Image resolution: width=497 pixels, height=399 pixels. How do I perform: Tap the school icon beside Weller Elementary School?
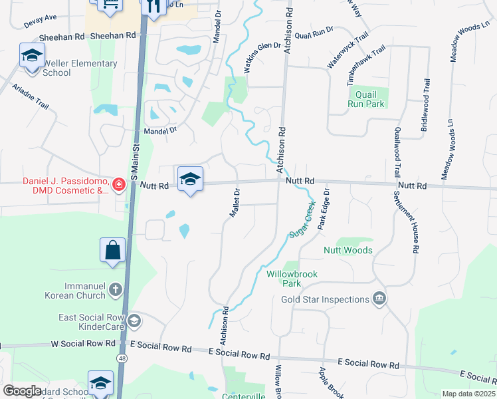click(31, 57)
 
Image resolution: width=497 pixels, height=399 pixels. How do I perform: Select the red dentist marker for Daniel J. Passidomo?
click(118, 185)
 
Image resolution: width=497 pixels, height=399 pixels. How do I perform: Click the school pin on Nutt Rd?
click(190, 179)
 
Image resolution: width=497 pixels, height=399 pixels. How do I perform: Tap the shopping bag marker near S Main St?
click(113, 251)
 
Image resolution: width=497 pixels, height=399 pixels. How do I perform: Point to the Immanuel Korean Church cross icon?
click(116, 289)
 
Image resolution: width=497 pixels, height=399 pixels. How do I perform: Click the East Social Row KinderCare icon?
click(134, 322)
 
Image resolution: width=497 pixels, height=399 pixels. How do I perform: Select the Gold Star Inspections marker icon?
click(379, 298)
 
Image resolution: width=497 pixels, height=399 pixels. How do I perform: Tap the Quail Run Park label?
click(365, 100)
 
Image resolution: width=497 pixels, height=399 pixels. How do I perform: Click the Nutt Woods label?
click(348, 250)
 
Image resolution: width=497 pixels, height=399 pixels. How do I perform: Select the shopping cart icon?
click(109, 5)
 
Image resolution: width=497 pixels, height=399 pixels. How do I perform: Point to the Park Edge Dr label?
click(324, 209)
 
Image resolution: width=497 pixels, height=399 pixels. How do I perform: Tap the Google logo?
click(23, 391)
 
